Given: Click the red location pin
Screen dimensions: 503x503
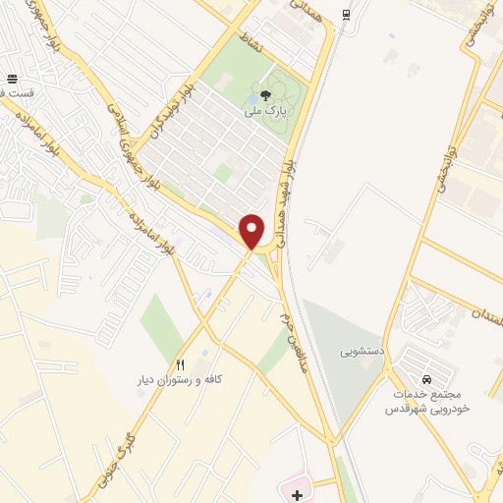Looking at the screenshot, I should click(252, 231).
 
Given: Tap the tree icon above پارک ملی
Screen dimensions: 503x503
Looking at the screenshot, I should click(268, 96).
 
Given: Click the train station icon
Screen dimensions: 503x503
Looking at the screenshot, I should click(345, 15).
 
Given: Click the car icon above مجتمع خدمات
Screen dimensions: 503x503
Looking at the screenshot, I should click(426, 379).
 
